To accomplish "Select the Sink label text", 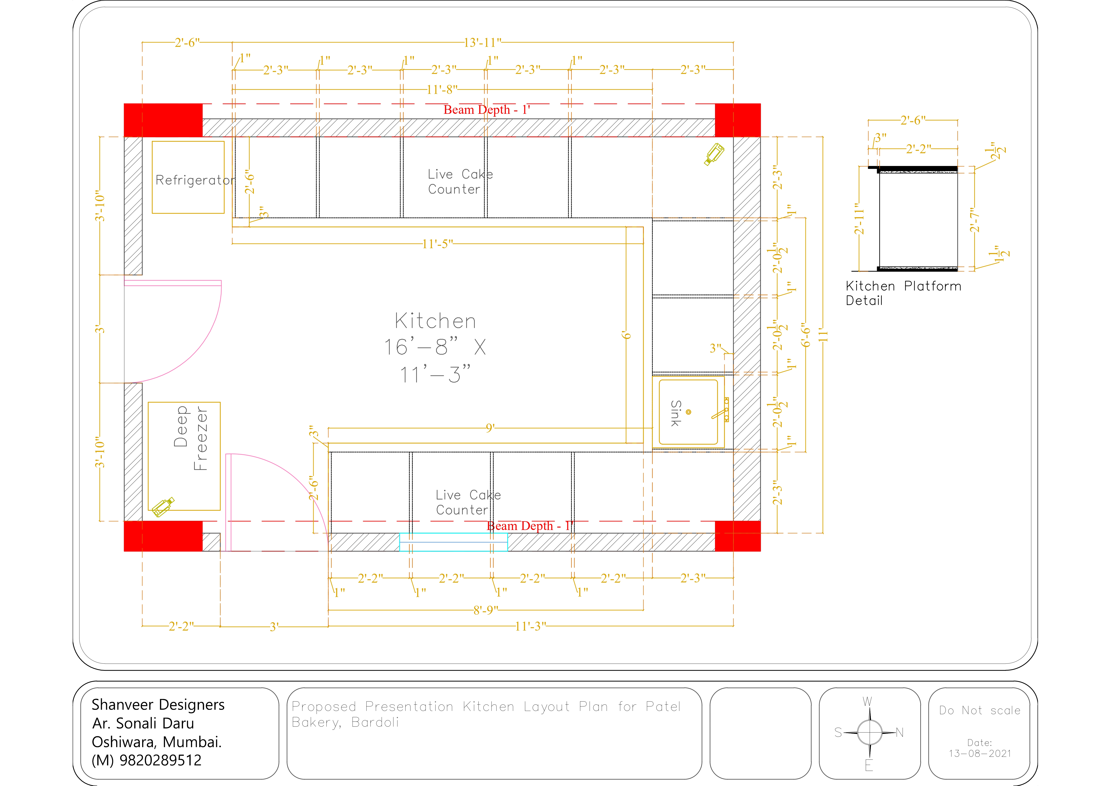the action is pyautogui.click(x=676, y=413).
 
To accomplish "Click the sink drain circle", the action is pyautogui.click(x=689, y=412).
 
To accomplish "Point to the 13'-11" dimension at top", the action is pyautogui.click(x=482, y=43).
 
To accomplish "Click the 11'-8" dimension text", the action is pyautogui.click(x=442, y=90).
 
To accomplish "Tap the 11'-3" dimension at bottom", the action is pyautogui.click(x=530, y=627).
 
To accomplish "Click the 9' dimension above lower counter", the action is pyautogui.click(x=490, y=428).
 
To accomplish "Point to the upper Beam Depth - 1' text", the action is pyautogui.click(x=487, y=110).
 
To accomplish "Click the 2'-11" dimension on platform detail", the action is pyautogui.click(x=859, y=219).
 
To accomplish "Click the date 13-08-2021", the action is pyautogui.click(x=980, y=754).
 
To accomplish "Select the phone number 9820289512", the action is pyautogui.click(x=160, y=760).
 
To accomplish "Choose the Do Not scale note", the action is pyautogui.click(x=980, y=711).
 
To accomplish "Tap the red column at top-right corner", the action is pyautogui.click(x=737, y=120).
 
